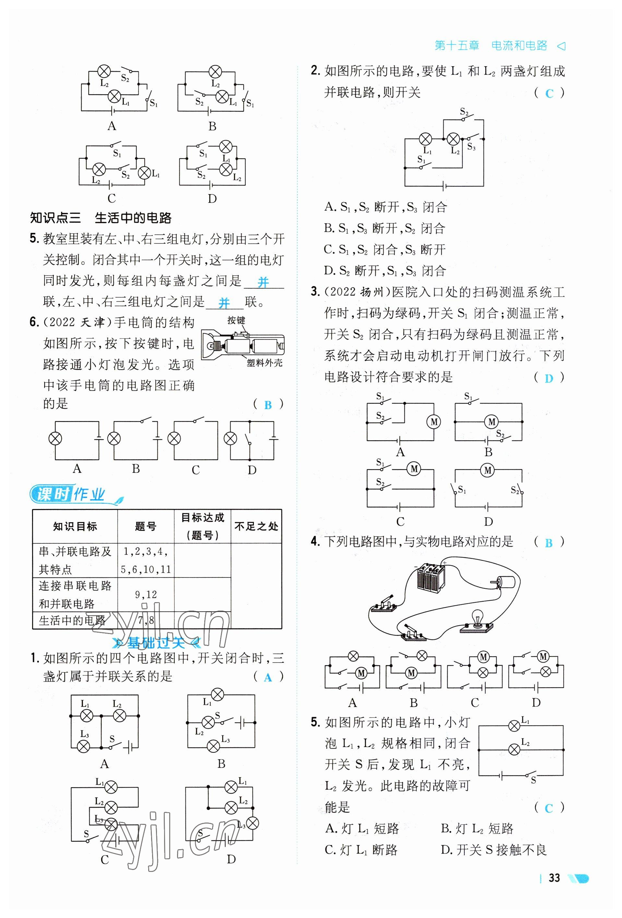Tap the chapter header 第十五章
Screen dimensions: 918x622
tap(457, 46)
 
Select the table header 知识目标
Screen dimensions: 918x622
tap(75, 527)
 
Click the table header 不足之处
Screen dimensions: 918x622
tap(256, 527)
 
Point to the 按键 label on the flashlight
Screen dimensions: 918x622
tap(236, 320)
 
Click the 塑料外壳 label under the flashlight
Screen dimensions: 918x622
tap(264, 363)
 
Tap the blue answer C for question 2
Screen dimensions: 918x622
tap(549, 93)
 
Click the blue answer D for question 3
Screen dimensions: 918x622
tap(549, 378)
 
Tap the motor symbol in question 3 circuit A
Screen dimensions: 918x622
tap(434, 422)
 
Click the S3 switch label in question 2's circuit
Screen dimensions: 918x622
tap(471, 147)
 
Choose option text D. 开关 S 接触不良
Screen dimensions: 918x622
tap(493, 849)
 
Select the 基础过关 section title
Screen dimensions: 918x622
tap(156, 643)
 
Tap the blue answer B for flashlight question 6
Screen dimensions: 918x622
tap(268, 405)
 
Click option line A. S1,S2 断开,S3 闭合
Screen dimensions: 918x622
tap(386, 207)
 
